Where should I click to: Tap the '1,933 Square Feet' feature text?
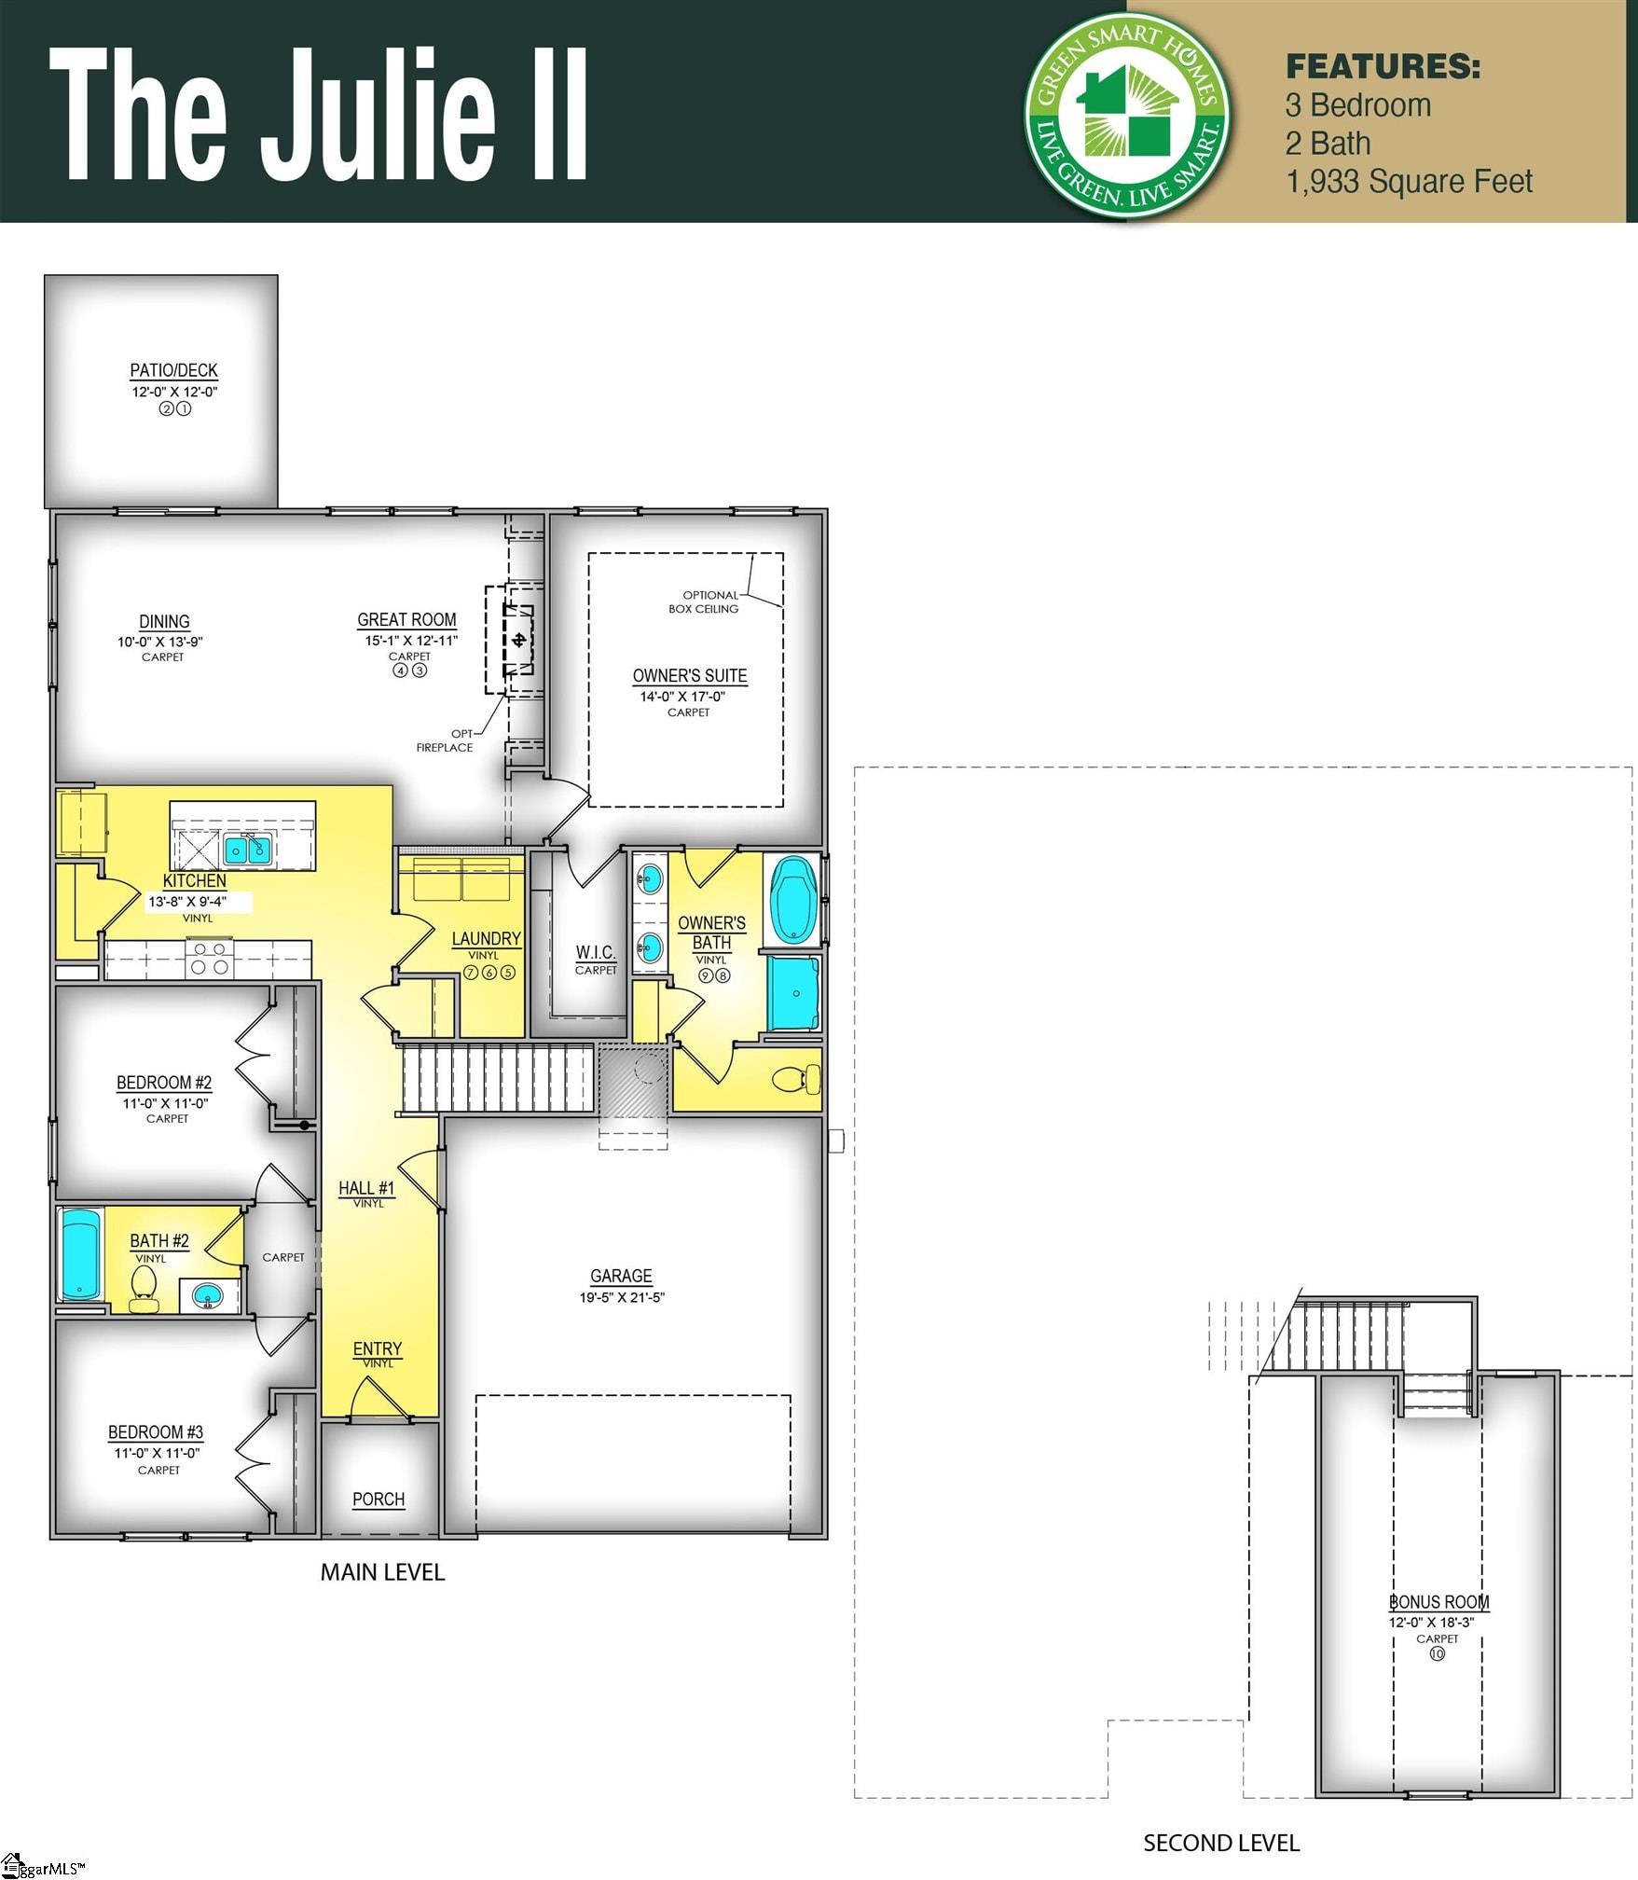click(1408, 182)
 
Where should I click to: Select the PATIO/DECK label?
click(173, 370)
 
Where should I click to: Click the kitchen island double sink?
click(248, 849)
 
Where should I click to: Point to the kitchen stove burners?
click(210, 958)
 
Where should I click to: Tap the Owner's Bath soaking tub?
click(792, 900)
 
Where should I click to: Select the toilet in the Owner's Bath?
click(797, 1080)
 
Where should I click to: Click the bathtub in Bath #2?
click(80, 1253)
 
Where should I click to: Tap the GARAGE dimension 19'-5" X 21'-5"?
click(621, 1297)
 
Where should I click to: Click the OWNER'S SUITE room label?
click(689, 675)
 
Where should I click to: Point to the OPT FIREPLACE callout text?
click(446, 740)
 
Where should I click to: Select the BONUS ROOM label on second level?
click(1438, 1602)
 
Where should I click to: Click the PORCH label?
click(379, 1500)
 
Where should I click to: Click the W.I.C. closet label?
click(595, 952)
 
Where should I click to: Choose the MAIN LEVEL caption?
click(382, 1572)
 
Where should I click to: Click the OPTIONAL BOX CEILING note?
click(704, 601)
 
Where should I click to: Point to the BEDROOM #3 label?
click(156, 1431)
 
